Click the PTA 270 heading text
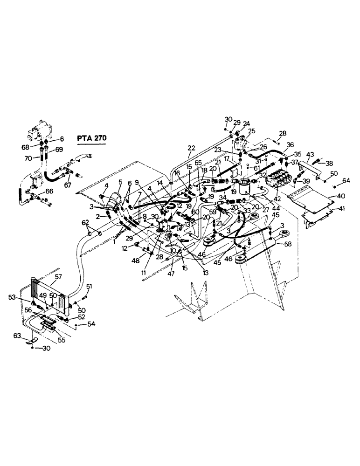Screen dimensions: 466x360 [91, 138]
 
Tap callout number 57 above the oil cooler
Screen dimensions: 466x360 [58, 277]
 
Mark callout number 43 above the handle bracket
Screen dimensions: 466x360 [311, 154]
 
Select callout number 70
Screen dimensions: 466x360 [28, 158]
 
